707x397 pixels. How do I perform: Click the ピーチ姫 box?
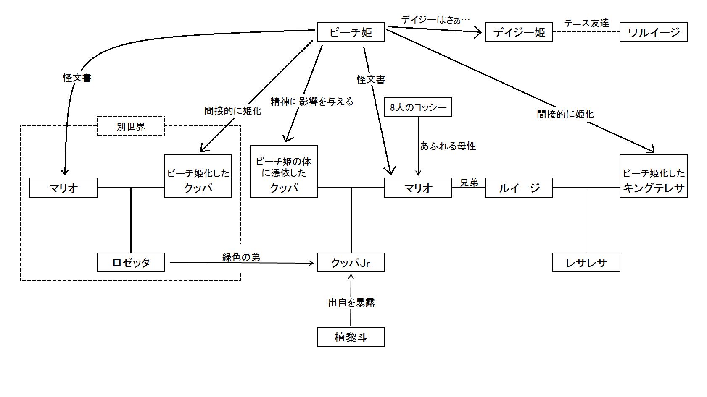point(351,32)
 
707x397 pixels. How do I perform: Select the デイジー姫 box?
point(519,32)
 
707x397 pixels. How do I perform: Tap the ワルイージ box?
point(653,32)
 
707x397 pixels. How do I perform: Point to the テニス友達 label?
point(586,23)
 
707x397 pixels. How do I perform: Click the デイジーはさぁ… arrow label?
point(435,19)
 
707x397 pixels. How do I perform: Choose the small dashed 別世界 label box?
point(131,126)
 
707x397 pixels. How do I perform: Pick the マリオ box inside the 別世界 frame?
point(63,188)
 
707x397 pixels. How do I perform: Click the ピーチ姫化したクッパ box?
point(198,176)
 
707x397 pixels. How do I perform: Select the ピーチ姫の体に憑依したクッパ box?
point(284,171)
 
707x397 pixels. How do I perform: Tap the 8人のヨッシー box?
point(418,107)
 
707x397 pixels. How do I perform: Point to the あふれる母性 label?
point(448,146)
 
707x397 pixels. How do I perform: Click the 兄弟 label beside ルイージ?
point(469,183)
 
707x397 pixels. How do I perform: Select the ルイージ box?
point(519,188)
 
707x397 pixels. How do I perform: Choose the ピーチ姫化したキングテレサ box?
point(654,176)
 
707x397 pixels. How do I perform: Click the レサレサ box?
point(586,262)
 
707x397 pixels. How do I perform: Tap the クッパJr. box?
point(351,262)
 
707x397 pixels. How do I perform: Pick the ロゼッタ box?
point(131,262)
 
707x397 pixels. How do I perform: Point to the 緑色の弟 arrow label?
point(241,257)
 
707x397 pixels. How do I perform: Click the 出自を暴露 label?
point(351,303)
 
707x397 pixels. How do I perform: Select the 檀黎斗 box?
point(351,337)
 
